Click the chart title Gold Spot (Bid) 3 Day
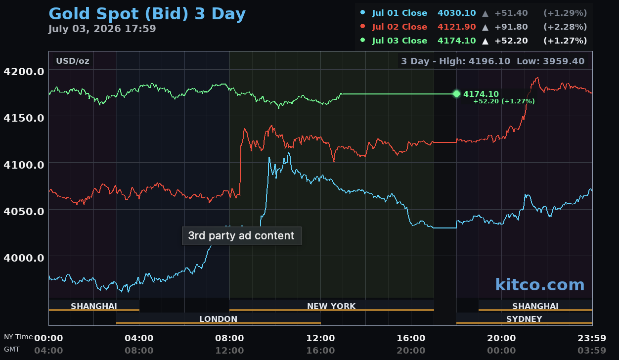pyautogui.click(x=147, y=14)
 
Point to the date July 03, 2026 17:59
pyautogui.click(x=102, y=29)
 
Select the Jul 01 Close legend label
pyautogui.click(x=399, y=13)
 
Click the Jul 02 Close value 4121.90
pyautogui.click(x=456, y=27)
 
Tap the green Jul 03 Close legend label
pyautogui.click(x=399, y=41)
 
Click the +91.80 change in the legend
pyautogui.click(x=511, y=27)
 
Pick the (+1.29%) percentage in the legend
pyautogui.click(x=565, y=13)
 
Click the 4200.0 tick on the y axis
pyautogui.click(x=24, y=72)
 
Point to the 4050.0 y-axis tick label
pyautogui.click(x=24, y=212)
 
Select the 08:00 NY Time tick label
pyautogui.click(x=229, y=338)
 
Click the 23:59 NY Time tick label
pyautogui.click(x=592, y=338)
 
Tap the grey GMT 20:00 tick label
pyautogui.click(x=411, y=350)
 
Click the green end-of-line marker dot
pyautogui.click(x=456, y=94)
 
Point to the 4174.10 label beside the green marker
pyautogui.click(x=481, y=94)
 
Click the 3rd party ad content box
pyautogui.click(x=242, y=236)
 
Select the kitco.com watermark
pyautogui.click(x=540, y=284)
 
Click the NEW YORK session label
pyautogui.click(x=331, y=306)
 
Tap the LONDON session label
pyautogui.click(x=219, y=319)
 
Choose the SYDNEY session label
pyautogui.click(x=524, y=319)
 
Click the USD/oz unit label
pyautogui.click(x=72, y=61)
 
